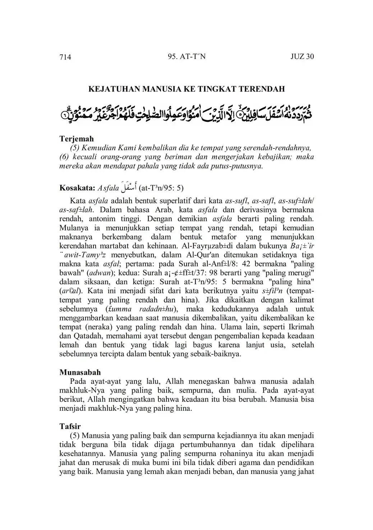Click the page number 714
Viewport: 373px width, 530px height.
click(x=65, y=57)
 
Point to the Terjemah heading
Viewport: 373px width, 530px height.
click(x=76, y=139)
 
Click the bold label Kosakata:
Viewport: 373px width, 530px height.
click(x=77, y=188)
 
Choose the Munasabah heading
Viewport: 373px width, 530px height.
click(x=80, y=372)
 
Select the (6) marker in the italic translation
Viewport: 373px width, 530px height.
click(x=65, y=157)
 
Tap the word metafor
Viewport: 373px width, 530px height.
click(x=224, y=237)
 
